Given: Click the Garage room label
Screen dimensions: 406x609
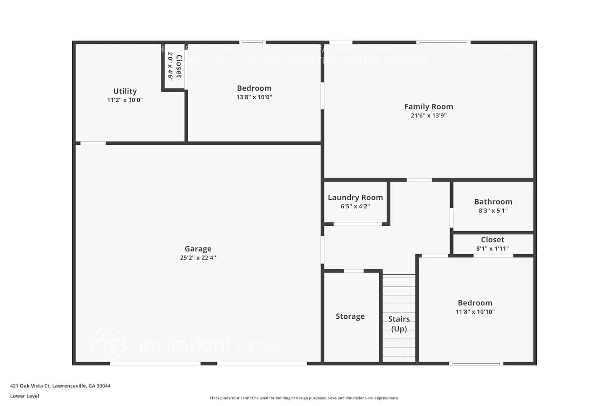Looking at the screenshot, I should click(198, 249).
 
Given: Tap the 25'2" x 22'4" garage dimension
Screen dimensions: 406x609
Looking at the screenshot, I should click(198, 258).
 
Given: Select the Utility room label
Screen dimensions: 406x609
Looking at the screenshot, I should click(125, 91).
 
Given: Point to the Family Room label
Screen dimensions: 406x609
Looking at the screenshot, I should click(428, 106).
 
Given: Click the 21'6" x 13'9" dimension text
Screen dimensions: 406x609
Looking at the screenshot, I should click(428, 116).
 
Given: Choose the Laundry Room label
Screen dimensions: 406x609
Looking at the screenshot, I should click(355, 197).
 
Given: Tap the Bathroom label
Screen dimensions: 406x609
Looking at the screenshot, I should click(493, 202).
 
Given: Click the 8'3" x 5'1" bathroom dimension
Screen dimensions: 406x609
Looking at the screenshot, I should click(493, 211).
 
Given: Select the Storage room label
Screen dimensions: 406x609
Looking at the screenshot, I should click(350, 316).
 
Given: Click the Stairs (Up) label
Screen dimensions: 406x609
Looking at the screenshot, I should click(399, 324).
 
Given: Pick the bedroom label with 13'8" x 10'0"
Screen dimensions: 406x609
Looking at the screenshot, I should click(254, 88).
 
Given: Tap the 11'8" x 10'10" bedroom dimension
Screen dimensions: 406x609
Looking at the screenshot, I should click(475, 312).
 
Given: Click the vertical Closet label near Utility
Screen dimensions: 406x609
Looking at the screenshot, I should click(179, 66).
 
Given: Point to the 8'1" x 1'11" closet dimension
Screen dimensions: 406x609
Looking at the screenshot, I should click(492, 248).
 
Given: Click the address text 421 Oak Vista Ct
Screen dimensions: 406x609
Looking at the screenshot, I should click(60, 386).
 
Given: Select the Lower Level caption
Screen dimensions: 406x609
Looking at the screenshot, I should click(25, 396).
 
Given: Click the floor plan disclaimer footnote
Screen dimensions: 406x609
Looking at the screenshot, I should click(304, 398).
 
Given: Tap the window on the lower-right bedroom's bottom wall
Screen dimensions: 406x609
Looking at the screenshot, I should click(476, 363).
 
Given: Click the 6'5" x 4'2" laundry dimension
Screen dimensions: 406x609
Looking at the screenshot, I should click(355, 206).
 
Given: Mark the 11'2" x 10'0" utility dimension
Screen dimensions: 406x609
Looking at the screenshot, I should click(125, 100).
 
